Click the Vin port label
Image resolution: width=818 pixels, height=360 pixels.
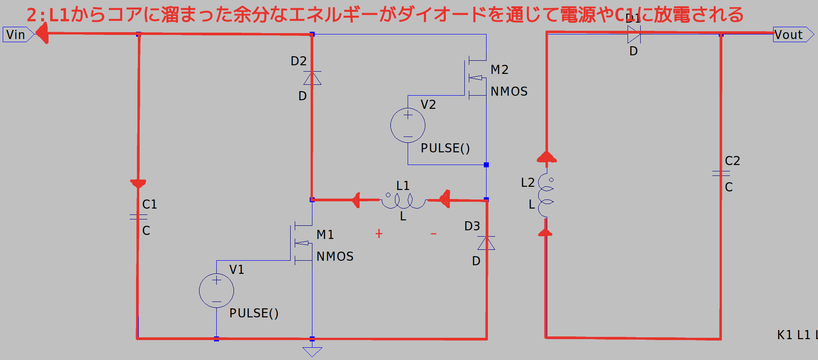pos(16,34)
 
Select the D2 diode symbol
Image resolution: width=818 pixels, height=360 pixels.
pos(312,78)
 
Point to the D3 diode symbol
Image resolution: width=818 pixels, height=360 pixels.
pos(486,243)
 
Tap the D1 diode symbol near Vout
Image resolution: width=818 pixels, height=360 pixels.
pos(633,34)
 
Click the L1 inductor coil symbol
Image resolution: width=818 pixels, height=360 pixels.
pos(403,200)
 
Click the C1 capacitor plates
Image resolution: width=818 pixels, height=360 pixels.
pos(138,217)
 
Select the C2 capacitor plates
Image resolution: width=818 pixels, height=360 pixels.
pos(721,173)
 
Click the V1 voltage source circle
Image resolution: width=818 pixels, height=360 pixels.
pos(216,291)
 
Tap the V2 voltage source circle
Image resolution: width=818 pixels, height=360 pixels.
pos(408,126)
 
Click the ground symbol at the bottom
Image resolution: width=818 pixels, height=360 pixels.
pos(312,351)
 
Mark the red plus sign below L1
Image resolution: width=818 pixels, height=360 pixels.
pos(379,234)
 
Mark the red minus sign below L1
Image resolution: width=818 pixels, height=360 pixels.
pos(433,234)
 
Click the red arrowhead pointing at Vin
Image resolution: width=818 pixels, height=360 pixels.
pos(42,33)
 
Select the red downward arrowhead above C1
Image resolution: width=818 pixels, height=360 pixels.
pos(138,183)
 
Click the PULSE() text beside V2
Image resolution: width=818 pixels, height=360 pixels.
pos(445,148)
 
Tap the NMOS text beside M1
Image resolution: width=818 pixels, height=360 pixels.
pos(335,257)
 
